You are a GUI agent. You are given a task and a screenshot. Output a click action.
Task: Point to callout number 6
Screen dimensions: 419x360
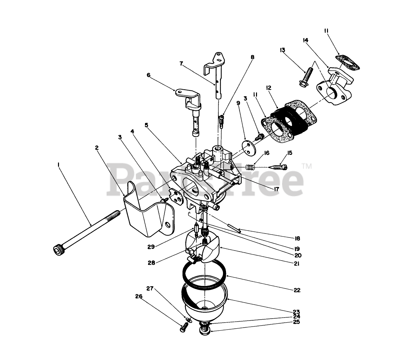click(x=148, y=75)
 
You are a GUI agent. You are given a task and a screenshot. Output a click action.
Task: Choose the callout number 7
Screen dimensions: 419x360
click(x=181, y=63)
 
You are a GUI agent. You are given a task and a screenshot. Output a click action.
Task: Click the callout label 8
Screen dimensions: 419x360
click(x=252, y=57)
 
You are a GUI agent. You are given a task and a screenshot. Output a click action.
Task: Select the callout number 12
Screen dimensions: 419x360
click(x=269, y=88)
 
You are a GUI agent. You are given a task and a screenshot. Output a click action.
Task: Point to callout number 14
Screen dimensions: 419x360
click(x=305, y=40)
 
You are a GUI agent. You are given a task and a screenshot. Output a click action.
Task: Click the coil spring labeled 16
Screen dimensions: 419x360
click(x=250, y=166)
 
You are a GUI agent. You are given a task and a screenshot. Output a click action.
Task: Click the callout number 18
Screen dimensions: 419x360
click(x=297, y=238)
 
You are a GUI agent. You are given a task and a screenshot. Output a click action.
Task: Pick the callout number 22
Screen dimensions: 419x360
click(x=297, y=290)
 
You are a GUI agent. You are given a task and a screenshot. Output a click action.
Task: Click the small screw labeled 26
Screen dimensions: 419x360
click(x=182, y=329)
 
